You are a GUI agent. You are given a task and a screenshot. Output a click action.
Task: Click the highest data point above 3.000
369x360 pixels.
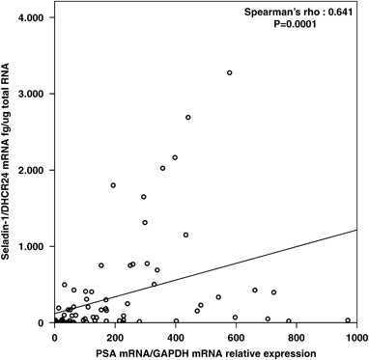pos(230,72)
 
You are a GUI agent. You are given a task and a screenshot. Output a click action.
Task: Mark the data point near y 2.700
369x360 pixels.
pos(188,118)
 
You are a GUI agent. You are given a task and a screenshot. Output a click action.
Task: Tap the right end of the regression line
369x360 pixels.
pos(356,230)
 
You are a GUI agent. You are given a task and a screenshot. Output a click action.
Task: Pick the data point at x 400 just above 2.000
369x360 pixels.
pos(175,157)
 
